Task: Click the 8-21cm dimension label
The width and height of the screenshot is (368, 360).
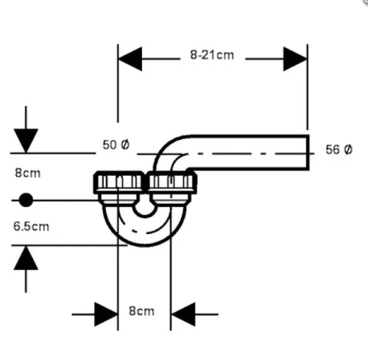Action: pos(212,55)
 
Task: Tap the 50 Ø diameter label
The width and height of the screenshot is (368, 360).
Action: pos(116,145)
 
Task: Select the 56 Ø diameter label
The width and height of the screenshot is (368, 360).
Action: pos(339,149)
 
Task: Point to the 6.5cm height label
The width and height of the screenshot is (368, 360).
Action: pos(31,226)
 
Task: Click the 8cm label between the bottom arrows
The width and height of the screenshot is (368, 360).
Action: pos(141,311)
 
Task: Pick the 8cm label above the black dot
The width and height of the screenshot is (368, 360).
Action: pos(28,173)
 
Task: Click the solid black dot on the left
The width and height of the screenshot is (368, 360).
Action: pos(26,200)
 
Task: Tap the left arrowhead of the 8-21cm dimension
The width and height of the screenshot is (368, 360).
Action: pos(130,59)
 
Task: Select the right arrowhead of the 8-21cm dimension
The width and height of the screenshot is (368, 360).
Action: pos(295,59)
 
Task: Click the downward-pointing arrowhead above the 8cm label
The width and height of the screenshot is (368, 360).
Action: pos(26,141)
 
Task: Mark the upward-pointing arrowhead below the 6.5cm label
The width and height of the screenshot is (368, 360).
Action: pos(26,258)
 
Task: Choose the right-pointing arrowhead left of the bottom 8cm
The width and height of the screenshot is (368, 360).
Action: pos(106,314)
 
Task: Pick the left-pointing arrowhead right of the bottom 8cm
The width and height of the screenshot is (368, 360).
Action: pos(183,314)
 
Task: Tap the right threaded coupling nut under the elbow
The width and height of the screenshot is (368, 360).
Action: pos(171,183)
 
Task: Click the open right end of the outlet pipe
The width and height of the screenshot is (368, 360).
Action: pos(308,152)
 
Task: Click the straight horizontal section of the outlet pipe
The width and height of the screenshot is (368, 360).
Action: pos(249,152)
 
